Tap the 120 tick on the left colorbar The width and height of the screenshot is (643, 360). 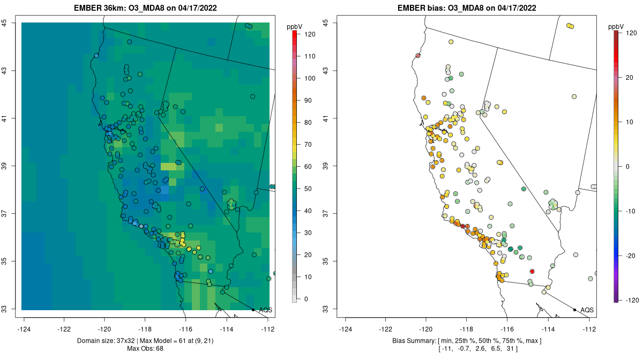[310, 34]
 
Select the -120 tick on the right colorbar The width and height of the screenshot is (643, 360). [631, 299]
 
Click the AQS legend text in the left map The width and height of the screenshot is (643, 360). [265, 310]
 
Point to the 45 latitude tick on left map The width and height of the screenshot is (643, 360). [11, 22]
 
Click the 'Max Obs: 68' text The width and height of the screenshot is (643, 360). [145, 349]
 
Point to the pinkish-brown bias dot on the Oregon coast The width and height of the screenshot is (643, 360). [418, 56]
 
